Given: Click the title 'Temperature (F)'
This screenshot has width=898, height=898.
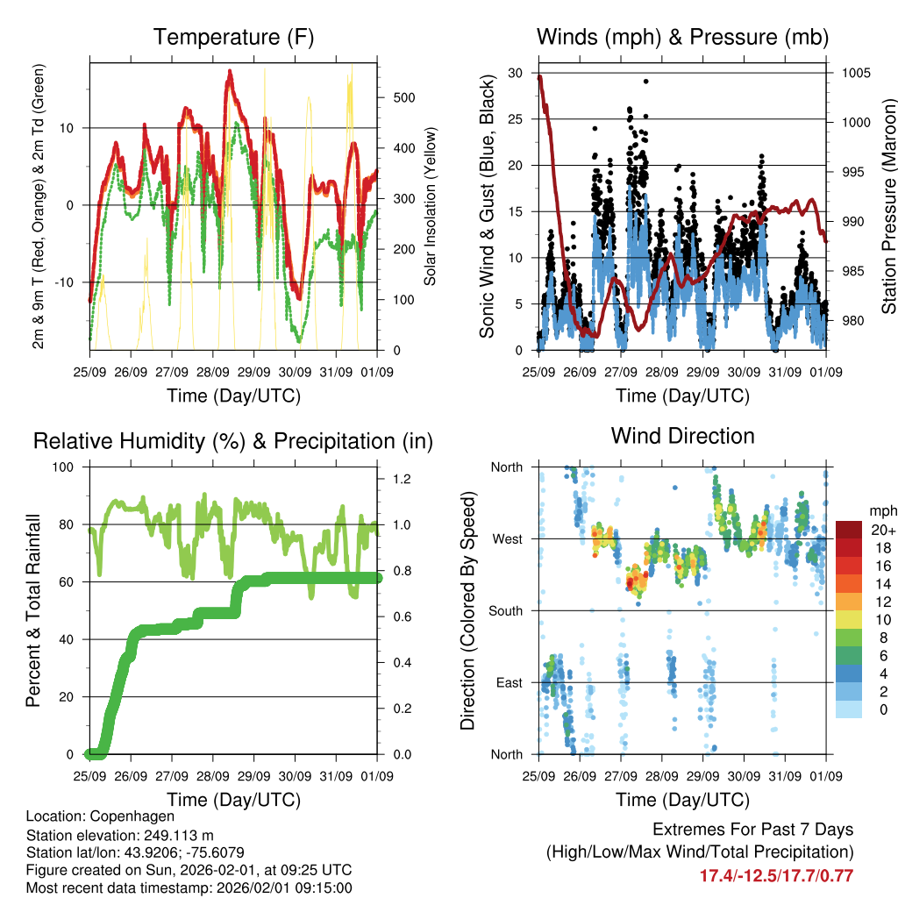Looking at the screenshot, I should click(x=233, y=38).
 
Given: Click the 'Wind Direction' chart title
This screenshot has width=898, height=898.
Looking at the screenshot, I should click(x=682, y=436).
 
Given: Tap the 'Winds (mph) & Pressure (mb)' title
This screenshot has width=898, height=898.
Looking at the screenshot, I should click(x=682, y=38).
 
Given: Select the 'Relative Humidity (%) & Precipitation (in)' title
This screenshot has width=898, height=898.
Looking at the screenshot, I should click(x=233, y=441).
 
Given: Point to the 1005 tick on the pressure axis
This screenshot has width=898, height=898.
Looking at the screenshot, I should click(x=854, y=73).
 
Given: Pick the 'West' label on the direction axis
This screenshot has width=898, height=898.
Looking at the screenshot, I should click(x=506, y=539).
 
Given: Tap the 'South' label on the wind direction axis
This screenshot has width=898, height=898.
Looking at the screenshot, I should click(x=504, y=611).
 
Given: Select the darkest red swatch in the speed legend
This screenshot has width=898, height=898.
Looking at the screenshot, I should click(x=848, y=530).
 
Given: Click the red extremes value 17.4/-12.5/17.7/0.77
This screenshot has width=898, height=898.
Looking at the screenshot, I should click(x=776, y=876).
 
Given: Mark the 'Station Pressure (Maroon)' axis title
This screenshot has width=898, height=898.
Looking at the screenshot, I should click(x=888, y=210).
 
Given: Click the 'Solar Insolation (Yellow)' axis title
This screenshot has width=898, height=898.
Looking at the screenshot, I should click(x=431, y=207).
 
